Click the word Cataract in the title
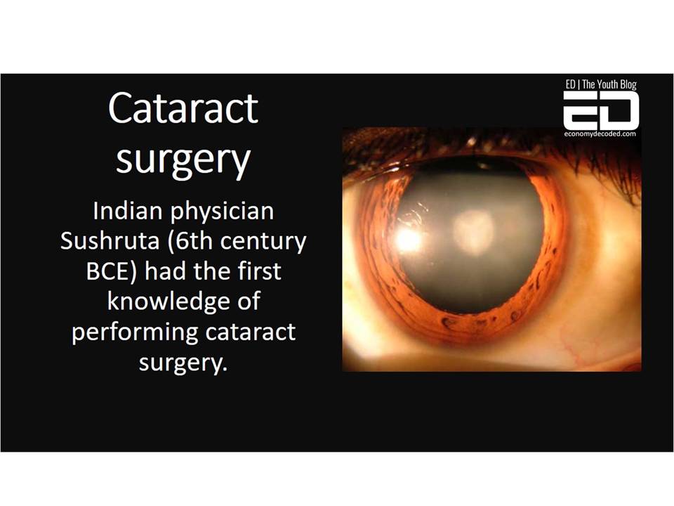(x=183, y=108)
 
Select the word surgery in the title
(x=183, y=161)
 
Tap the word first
(x=259, y=271)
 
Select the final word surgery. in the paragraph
(x=183, y=363)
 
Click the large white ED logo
(x=601, y=110)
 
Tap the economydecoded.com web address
(x=600, y=134)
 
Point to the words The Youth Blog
(x=609, y=84)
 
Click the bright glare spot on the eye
(x=407, y=238)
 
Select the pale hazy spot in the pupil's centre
(x=473, y=231)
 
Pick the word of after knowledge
(x=249, y=301)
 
